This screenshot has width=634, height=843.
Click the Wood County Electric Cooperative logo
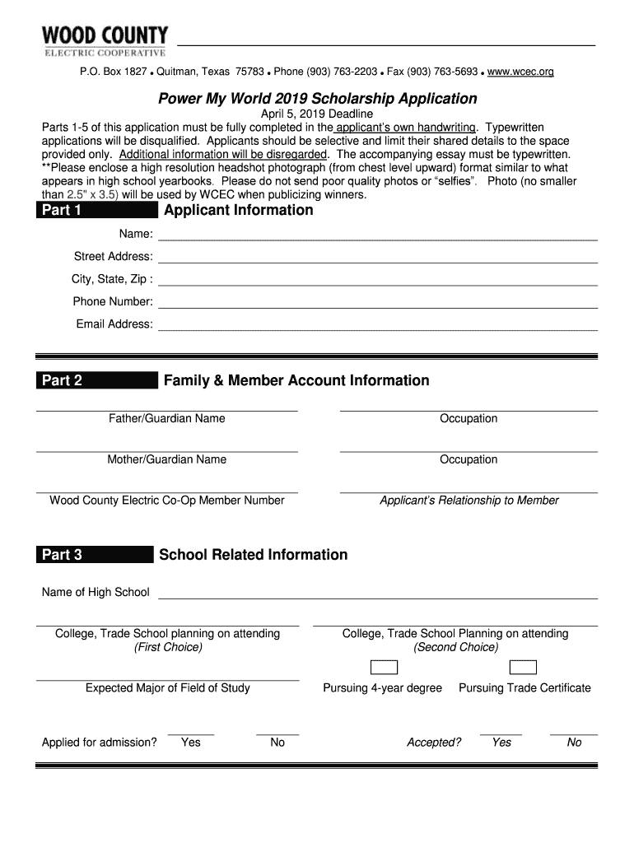(105, 40)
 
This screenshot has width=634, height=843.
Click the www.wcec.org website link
(520, 72)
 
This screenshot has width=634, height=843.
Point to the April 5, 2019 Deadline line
(317, 114)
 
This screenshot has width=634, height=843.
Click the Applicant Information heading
(239, 211)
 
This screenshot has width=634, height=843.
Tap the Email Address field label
(114, 324)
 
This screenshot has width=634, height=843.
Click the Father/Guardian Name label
(166, 419)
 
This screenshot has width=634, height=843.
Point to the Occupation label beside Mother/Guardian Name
(469, 459)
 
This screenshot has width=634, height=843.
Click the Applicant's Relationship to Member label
(469, 501)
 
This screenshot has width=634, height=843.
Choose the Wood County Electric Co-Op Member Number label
(167, 501)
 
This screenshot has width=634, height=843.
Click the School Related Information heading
(253, 555)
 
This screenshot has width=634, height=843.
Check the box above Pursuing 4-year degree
(383, 667)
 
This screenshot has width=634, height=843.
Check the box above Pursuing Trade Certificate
(524, 667)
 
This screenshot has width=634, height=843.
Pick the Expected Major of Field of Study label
(168, 688)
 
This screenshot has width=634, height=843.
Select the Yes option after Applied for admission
(191, 743)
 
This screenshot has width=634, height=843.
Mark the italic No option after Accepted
(574, 743)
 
